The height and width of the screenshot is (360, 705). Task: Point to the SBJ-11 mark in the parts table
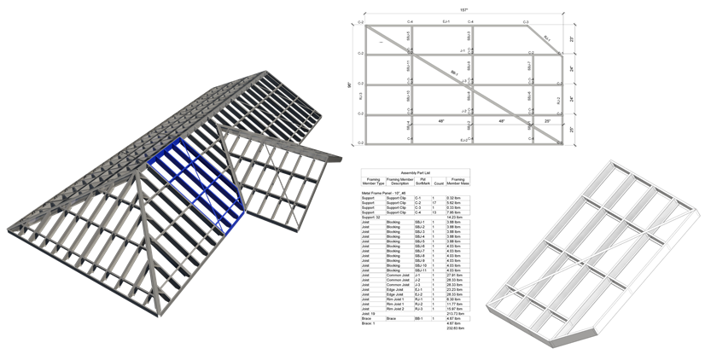pyautogui.click(x=419, y=270)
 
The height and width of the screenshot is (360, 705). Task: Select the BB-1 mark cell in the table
pyautogui.click(x=419, y=317)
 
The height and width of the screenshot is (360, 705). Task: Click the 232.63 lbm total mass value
pyautogui.click(x=454, y=327)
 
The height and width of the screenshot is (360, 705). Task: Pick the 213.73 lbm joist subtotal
pyautogui.click(x=454, y=312)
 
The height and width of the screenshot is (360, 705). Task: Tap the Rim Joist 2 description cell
pyautogui.click(x=397, y=307)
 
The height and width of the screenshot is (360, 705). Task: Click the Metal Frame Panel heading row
pyautogui.click(x=382, y=193)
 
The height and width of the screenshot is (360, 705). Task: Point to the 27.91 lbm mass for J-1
pyautogui.click(x=454, y=275)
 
